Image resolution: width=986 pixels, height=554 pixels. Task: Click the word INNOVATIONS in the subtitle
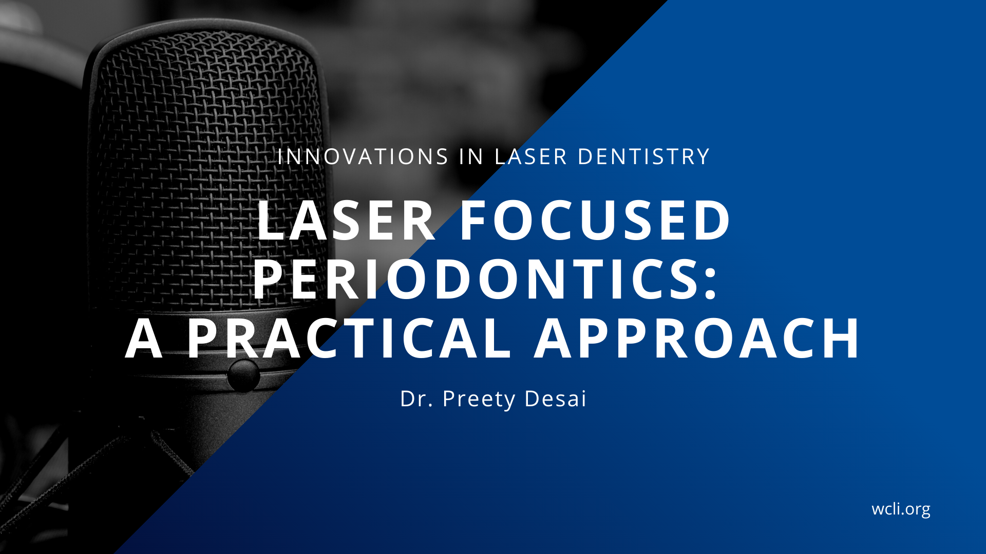click(x=363, y=156)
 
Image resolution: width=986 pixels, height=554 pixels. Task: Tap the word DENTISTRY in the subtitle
click(x=644, y=156)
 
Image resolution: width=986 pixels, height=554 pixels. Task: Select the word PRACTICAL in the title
click(x=349, y=338)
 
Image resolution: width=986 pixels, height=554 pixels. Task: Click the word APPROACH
click(x=697, y=338)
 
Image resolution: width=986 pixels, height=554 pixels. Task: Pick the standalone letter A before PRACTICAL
click(x=144, y=338)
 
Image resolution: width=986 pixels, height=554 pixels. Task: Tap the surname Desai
click(x=556, y=399)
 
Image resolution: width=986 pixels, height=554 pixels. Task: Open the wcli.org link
click(x=901, y=509)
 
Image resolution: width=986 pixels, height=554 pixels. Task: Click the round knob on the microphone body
click(x=243, y=375)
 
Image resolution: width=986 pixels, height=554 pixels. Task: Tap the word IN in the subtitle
click(x=471, y=156)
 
